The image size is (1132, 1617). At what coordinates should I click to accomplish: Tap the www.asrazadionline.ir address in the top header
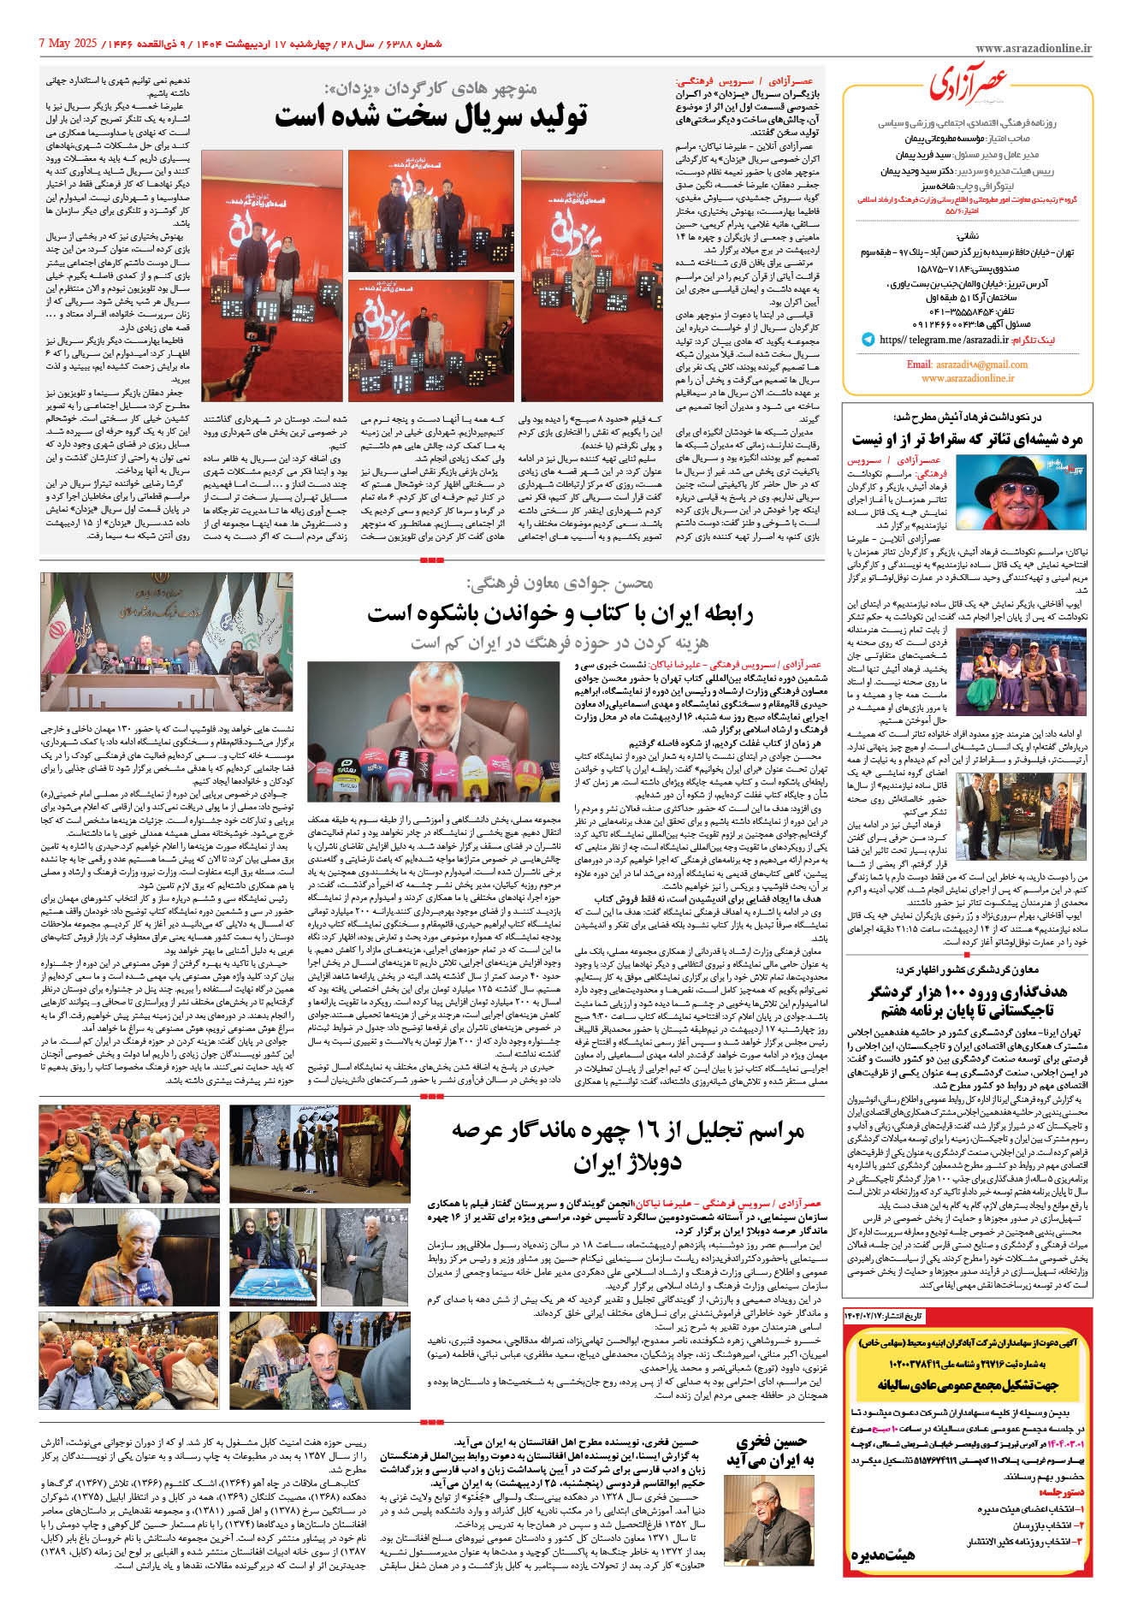(1033, 50)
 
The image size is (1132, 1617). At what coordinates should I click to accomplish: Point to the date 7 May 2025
(69, 43)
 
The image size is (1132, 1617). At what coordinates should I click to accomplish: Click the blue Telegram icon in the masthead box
(868, 340)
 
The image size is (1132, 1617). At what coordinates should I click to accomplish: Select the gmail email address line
(967, 364)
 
